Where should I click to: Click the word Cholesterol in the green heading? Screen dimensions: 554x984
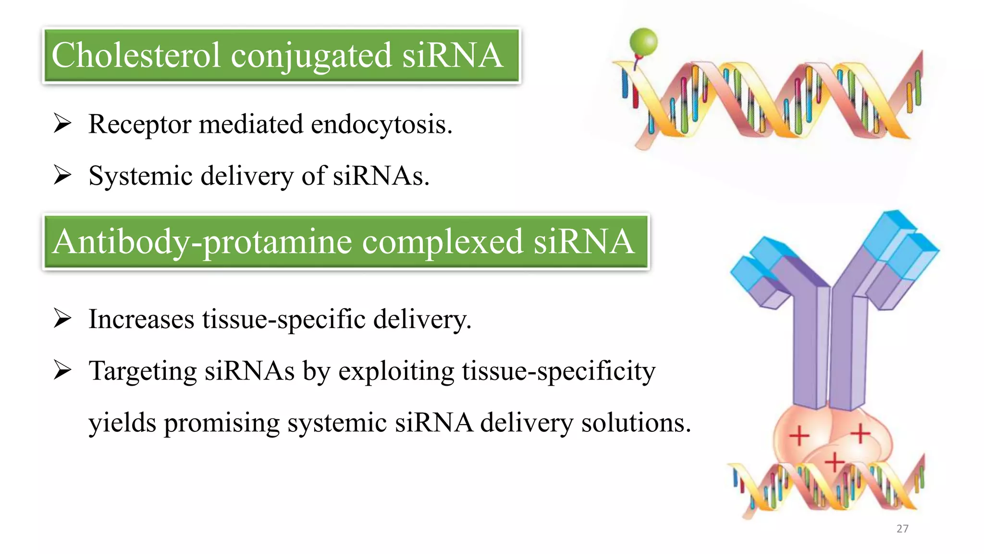pos(136,55)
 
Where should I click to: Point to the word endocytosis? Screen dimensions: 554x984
pos(381,125)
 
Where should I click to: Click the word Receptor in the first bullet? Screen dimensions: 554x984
pos(140,125)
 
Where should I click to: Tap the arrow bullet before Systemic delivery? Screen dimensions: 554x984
pos(62,175)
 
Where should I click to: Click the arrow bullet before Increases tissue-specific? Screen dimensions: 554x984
pos(62,318)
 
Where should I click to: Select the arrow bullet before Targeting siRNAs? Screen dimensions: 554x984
pos(62,370)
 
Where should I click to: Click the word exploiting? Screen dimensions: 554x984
pos(396,372)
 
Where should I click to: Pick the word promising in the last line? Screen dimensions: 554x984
pos(221,424)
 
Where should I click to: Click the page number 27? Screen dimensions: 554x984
pos(902,529)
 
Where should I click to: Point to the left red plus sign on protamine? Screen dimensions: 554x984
pos(799,436)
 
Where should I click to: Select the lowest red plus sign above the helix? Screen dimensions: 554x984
pos(835,463)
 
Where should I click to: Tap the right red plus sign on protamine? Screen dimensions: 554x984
pos(860,433)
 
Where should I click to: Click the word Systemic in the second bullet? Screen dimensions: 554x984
pos(140,176)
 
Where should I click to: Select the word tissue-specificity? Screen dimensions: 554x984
pos(558,372)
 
